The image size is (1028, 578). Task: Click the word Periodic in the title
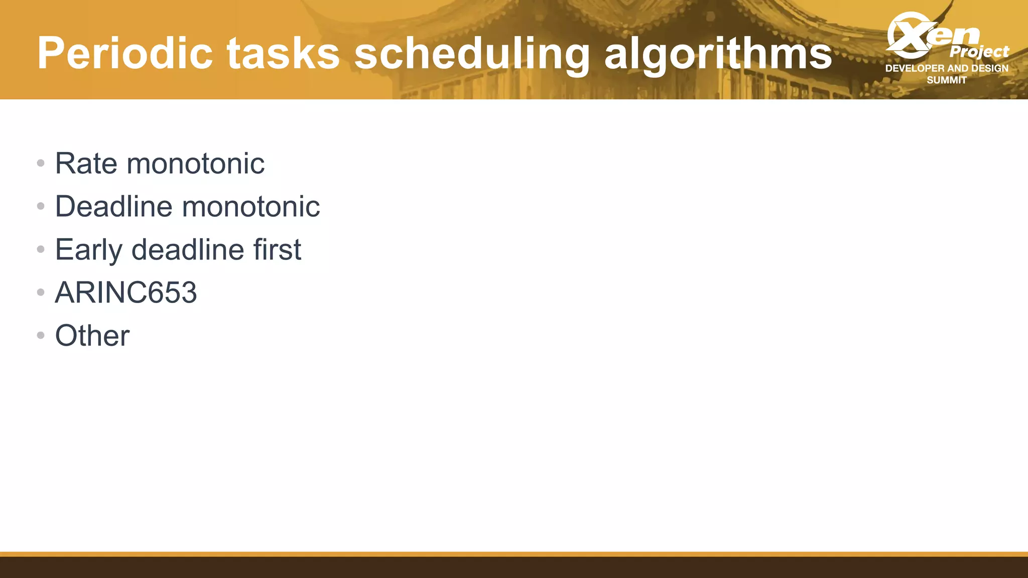125,53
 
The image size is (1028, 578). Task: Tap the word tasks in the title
283,53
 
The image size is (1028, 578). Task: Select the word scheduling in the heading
472,54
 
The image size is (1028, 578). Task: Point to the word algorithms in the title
718,54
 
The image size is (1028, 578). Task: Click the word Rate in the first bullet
86,164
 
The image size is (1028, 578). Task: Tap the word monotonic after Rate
195,164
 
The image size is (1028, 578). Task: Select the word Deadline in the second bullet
113,206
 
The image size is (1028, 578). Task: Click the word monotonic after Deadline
251,206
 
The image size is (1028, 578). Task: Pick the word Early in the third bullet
88,250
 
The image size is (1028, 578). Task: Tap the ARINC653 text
126,293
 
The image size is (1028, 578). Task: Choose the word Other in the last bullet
92,336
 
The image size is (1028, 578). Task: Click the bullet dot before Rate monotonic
41,163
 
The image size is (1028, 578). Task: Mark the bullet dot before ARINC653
41,292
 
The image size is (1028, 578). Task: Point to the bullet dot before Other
41,335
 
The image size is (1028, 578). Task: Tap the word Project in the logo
979,52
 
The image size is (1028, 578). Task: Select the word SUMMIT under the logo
947,80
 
